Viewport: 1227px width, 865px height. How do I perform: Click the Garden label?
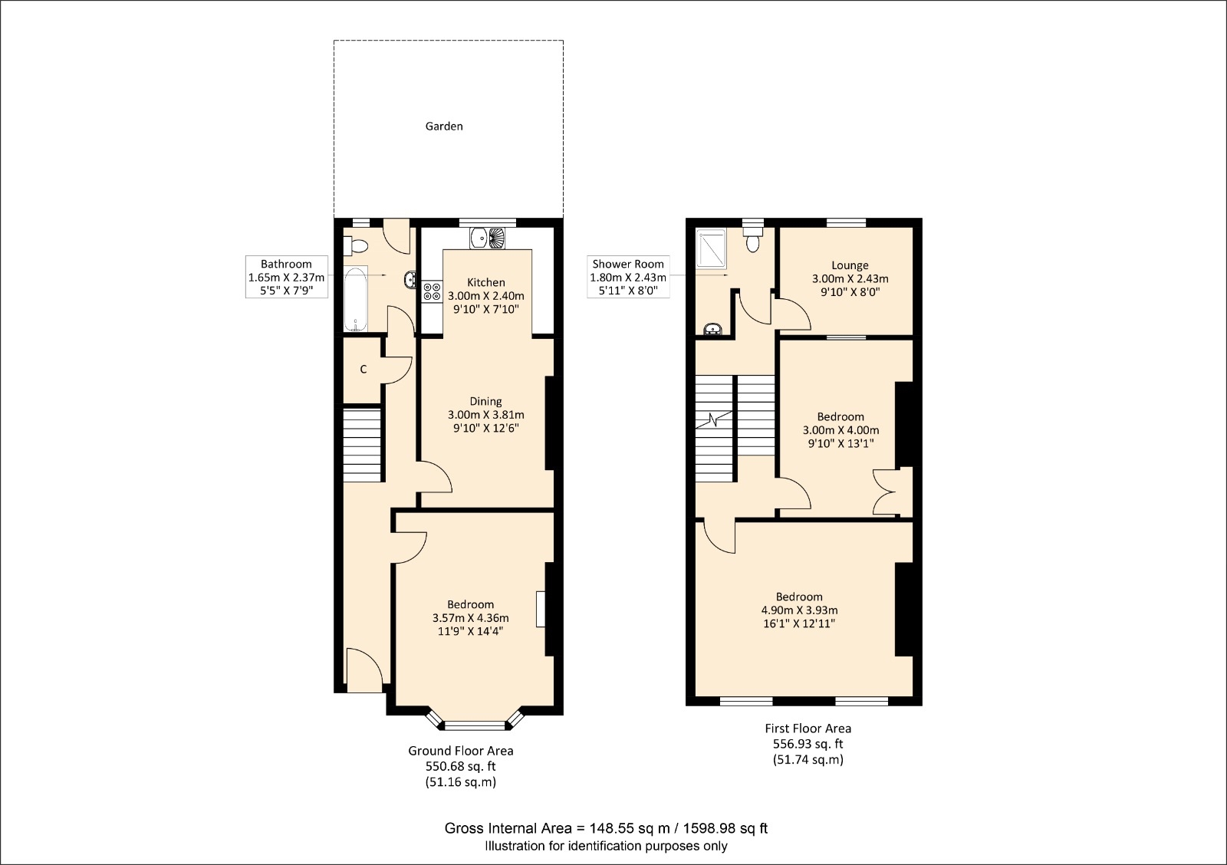(x=444, y=127)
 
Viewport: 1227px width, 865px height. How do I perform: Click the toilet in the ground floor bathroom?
(x=357, y=245)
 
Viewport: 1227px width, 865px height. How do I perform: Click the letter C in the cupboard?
(x=363, y=370)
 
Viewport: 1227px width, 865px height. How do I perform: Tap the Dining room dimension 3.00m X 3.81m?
(x=485, y=415)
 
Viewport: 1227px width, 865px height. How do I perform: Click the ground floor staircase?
(x=362, y=446)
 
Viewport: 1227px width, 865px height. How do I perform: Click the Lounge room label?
(x=850, y=265)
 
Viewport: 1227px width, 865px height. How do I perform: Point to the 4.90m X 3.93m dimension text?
(x=799, y=610)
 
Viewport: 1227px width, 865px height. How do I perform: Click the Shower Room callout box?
(x=628, y=277)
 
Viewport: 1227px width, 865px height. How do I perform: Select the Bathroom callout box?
(x=286, y=277)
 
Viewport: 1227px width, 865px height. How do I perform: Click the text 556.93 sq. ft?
(x=808, y=744)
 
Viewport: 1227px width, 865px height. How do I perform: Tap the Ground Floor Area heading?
(x=460, y=751)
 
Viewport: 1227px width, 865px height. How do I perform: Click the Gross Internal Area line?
(x=606, y=828)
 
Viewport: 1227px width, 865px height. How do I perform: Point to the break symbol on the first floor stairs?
(x=715, y=420)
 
